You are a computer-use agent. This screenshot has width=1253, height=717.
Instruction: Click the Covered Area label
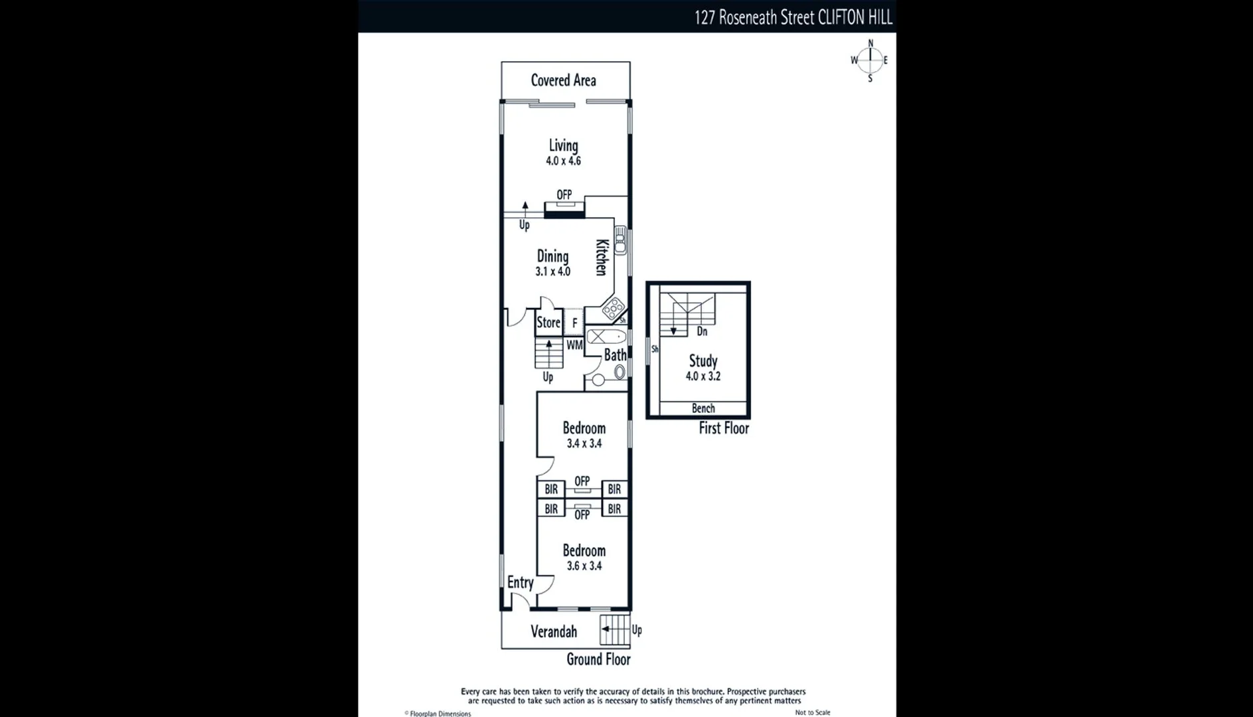(563, 80)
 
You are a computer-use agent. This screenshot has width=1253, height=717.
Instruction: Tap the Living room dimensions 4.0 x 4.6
(563, 161)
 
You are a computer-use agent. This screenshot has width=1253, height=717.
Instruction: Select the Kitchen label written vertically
(602, 257)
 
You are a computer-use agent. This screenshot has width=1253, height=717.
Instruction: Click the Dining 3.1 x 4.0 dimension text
(552, 272)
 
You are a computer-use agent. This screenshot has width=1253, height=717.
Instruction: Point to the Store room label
(548, 323)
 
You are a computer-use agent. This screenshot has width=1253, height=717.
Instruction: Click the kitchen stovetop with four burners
(613, 308)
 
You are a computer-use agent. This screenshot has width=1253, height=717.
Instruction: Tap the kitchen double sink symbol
(620, 240)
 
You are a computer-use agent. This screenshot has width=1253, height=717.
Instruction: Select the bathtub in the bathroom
(606, 337)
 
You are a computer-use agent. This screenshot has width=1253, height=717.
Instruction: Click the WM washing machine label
(574, 345)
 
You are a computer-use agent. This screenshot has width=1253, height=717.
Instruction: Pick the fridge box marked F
(575, 323)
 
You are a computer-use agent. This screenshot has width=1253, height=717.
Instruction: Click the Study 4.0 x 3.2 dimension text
(703, 376)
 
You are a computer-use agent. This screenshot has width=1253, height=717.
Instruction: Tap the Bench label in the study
(703, 408)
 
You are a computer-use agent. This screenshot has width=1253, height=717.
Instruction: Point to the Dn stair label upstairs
(702, 331)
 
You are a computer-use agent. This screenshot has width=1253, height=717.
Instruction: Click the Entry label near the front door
(520, 582)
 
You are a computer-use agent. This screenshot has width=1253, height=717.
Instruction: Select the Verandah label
(554, 631)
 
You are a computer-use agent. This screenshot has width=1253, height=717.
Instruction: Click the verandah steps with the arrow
(614, 629)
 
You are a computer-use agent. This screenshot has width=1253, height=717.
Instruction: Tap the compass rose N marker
(871, 43)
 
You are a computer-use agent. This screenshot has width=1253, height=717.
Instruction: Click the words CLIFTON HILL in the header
(855, 18)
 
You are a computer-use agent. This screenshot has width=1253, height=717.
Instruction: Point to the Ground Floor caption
(598, 659)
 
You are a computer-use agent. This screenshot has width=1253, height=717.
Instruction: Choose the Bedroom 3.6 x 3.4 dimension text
(584, 566)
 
